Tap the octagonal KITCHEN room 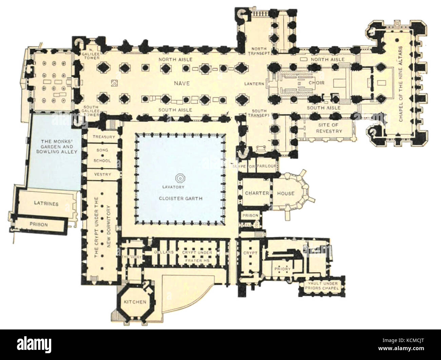[135, 302]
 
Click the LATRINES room [46, 204]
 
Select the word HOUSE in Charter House [285, 193]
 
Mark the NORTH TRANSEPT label [259, 51]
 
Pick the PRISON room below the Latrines [39, 224]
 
